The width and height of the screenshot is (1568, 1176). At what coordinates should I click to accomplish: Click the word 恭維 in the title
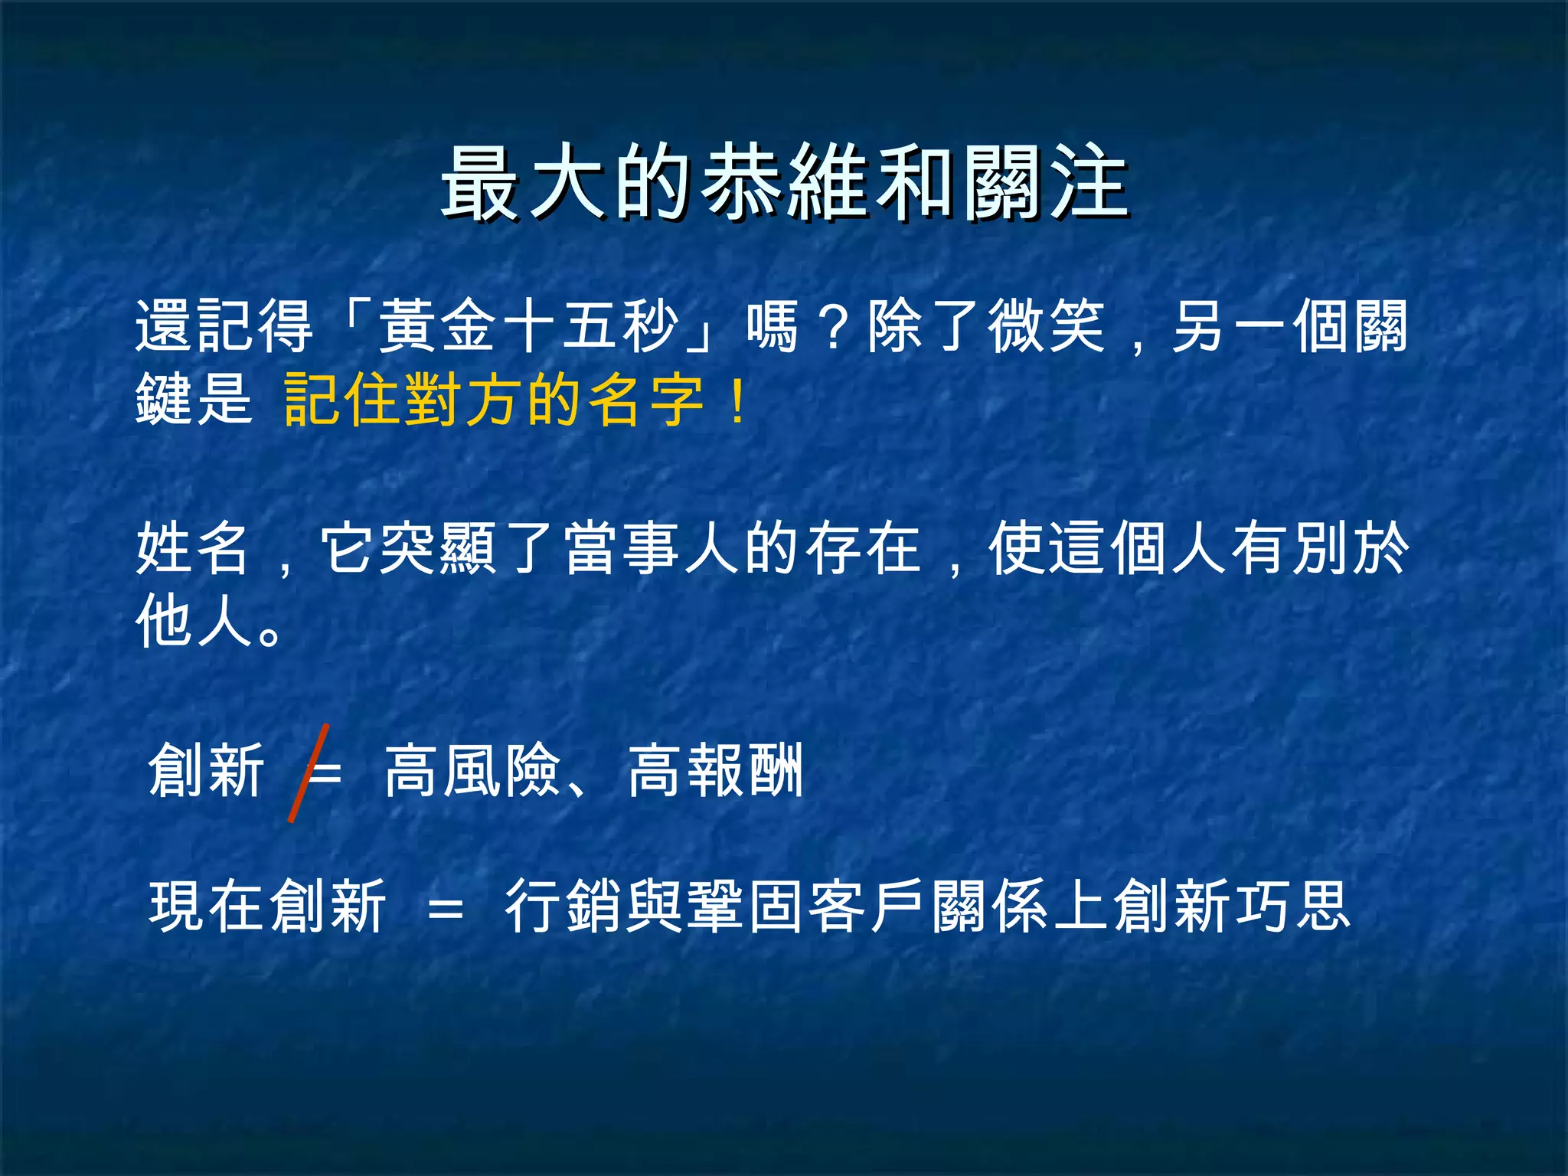click(x=786, y=184)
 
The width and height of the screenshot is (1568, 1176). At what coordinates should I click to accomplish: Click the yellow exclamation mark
click(x=737, y=400)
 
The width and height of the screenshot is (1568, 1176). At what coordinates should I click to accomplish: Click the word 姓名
click(x=192, y=548)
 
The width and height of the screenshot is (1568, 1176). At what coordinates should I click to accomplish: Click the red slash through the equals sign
click(x=309, y=773)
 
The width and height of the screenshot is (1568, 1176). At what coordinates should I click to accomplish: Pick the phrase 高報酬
click(x=716, y=770)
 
